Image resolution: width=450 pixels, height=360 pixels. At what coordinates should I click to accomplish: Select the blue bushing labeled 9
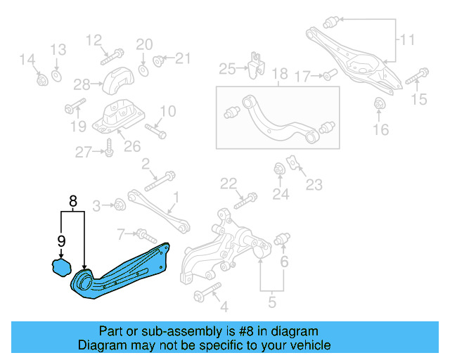click(x=60, y=268)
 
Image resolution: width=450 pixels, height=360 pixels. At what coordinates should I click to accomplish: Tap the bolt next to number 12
click(x=113, y=53)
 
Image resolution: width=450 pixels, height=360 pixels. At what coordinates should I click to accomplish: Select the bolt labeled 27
click(x=110, y=150)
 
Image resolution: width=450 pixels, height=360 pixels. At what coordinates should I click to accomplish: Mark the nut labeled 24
click(x=279, y=169)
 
